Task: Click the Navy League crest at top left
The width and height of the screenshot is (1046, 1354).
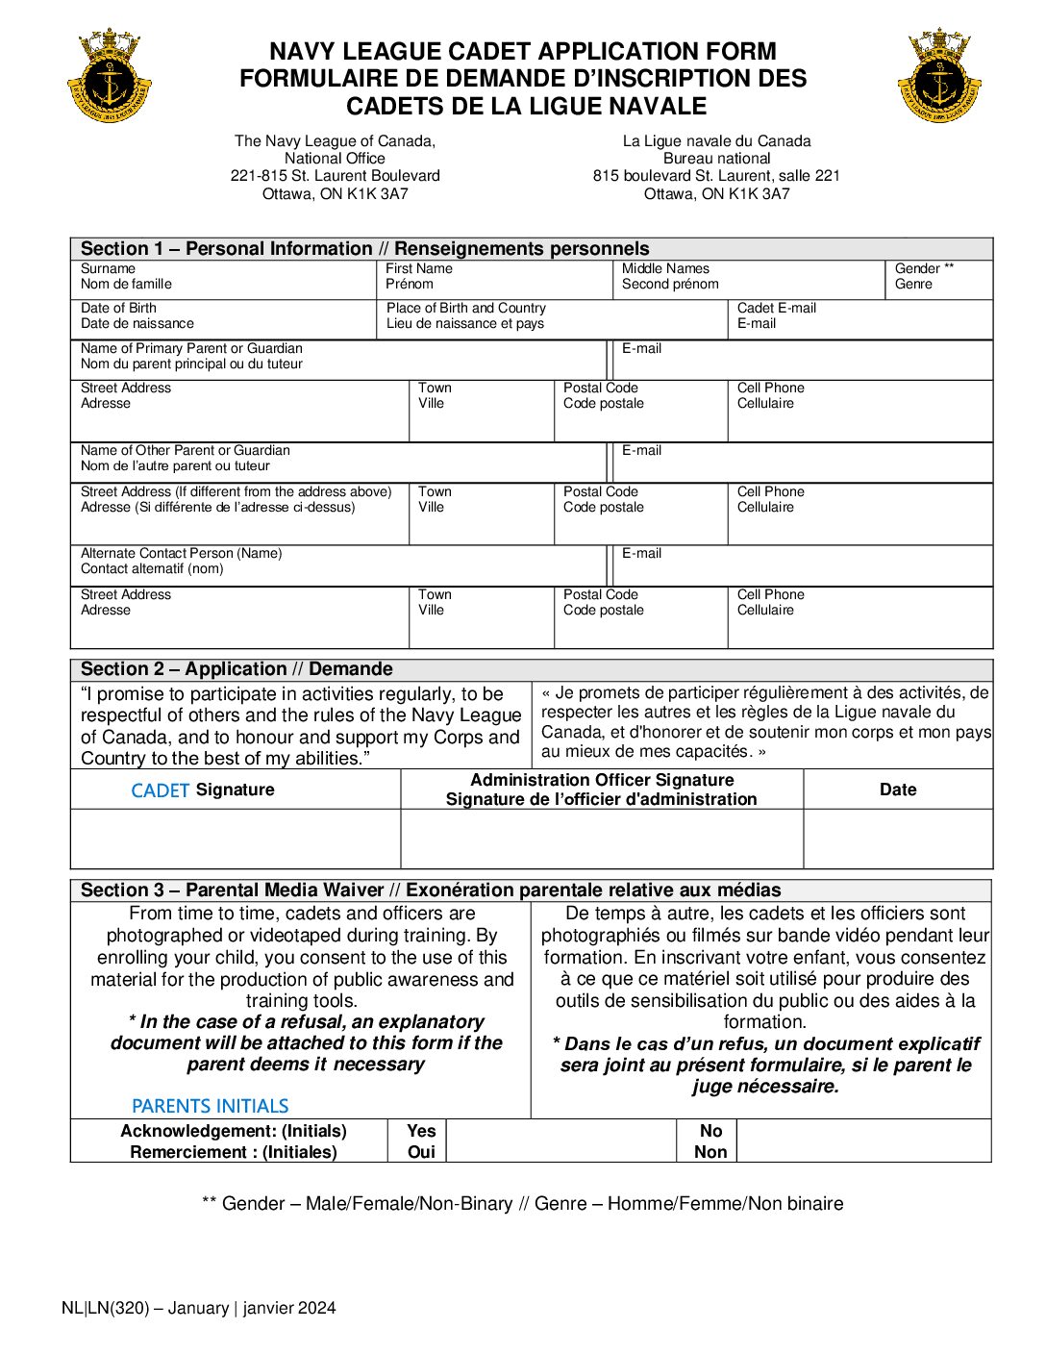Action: [111, 76]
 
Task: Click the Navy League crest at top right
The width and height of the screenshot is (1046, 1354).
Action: [939, 76]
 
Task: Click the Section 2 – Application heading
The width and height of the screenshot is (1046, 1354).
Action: [237, 669]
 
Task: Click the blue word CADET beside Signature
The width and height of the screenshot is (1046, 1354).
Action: [160, 790]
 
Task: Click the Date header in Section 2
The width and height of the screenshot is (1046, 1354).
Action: [898, 790]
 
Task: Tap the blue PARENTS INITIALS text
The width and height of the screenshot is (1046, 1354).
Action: [210, 1106]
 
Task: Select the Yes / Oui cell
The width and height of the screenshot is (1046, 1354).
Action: [421, 1141]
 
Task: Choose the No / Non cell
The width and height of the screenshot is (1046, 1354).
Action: [710, 1141]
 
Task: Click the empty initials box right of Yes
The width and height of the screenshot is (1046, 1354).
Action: [561, 1141]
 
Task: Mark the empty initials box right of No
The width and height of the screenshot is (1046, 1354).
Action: [863, 1141]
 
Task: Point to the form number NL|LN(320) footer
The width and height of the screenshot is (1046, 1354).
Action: [199, 1308]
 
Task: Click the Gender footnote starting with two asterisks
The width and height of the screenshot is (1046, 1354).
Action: [523, 1204]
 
